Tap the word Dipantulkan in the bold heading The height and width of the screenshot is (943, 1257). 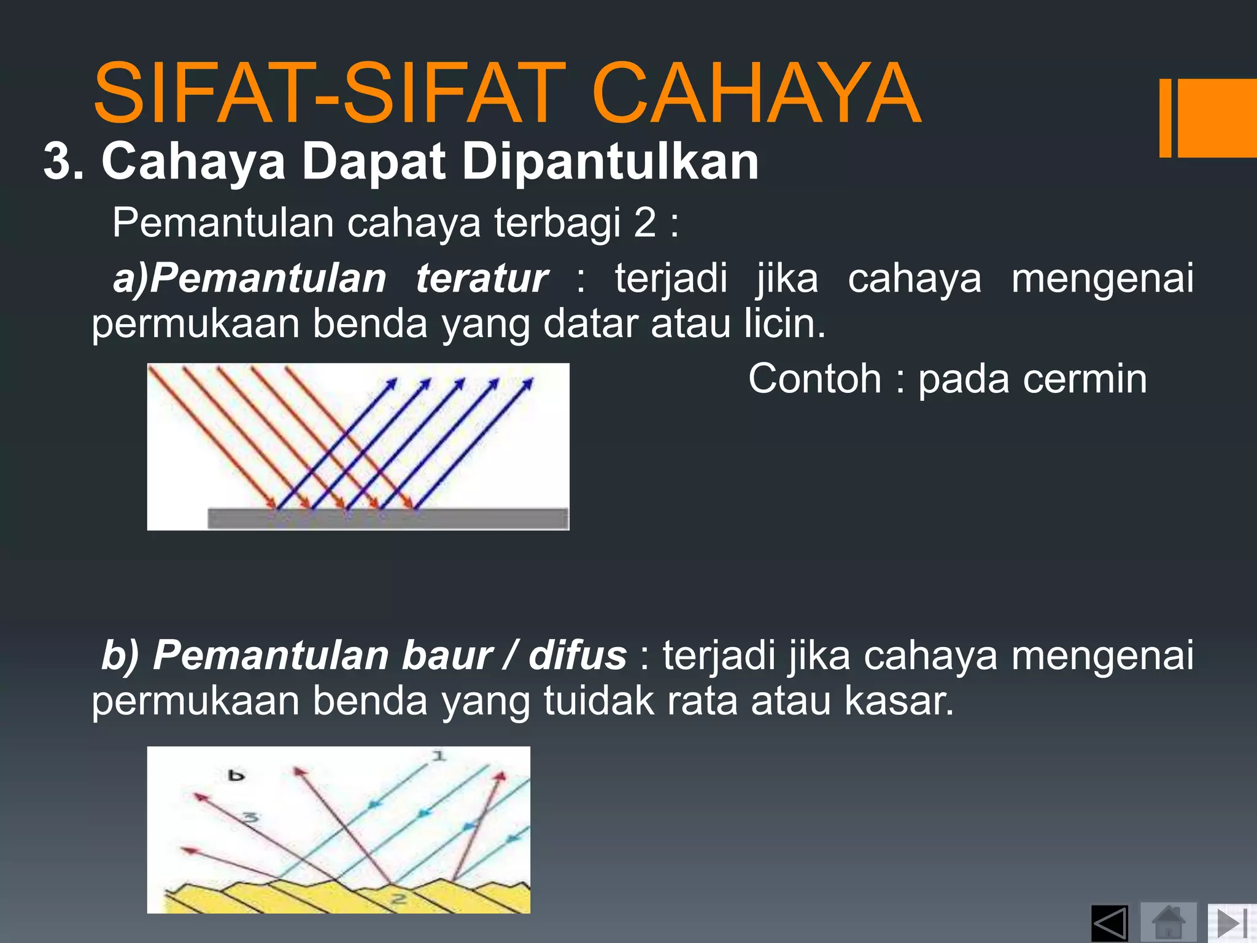pos(610,161)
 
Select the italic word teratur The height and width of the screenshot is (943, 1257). pos(482,278)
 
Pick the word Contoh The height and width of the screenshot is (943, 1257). pos(815,378)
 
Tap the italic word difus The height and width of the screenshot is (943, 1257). pos(578,655)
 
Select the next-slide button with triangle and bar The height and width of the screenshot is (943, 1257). pos(1231,922)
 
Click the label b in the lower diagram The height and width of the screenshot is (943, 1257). pos(236,776)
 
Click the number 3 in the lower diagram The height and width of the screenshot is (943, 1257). pos(250,818)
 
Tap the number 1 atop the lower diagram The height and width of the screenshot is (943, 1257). pos(438,756)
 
